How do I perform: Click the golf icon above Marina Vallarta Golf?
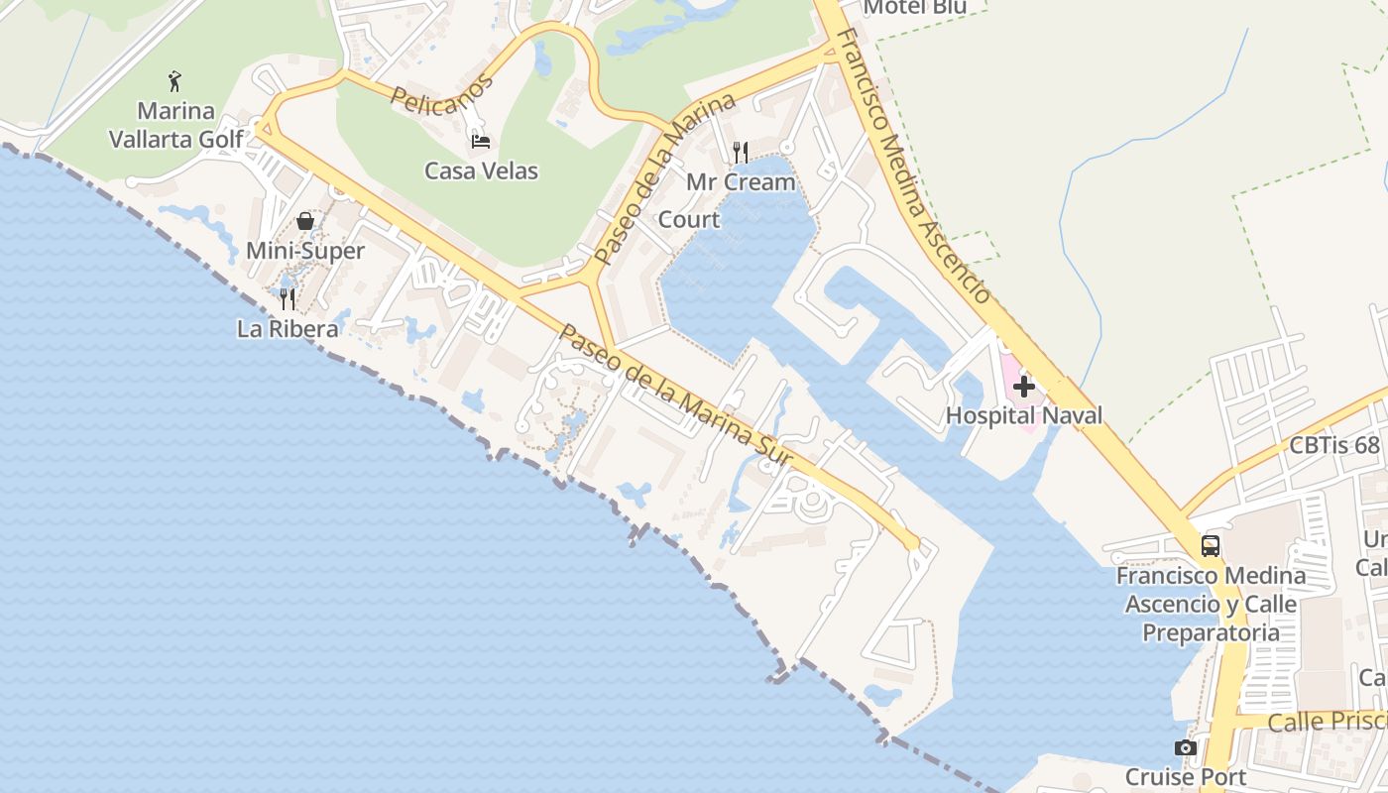pyautogui.click(x=175, y=80)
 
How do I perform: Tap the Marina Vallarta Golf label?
pyautogui.click(x=175, y=125)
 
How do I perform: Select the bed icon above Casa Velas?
pyautogui.click(x=481, y=142)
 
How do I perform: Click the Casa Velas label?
pyautogui.click(x=481, y=170)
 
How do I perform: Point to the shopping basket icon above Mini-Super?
pyautogui.click(x=305, y=221)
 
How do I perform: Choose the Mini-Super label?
pyautogui.click(x=305, y=251)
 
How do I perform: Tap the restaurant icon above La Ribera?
pyautogui.click(x=288, y=298)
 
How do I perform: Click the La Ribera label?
pyautogui.click(x=288, y=328)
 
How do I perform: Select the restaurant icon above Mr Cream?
pyautogui.click(x=741, y=152)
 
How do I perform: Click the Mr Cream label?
pyautogui.click(x=741, y=182)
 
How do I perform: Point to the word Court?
pyautogui.click(x=689, y=220)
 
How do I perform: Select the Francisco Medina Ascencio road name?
pyautogui.click(x=913, y=166)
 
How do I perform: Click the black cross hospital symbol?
pyautogui.click(x=1024, y=386)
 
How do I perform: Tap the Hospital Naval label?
pyautogui.click(x=1024, y=415)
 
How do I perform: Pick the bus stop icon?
pyautogui.click(x=1211, y=546)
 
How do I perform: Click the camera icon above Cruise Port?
pyautogui.click(x=1185, y=748)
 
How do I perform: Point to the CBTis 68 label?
pyautogui.click(x=1334, y=445)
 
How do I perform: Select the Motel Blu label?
pyautogui.click(x=914, y=8)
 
